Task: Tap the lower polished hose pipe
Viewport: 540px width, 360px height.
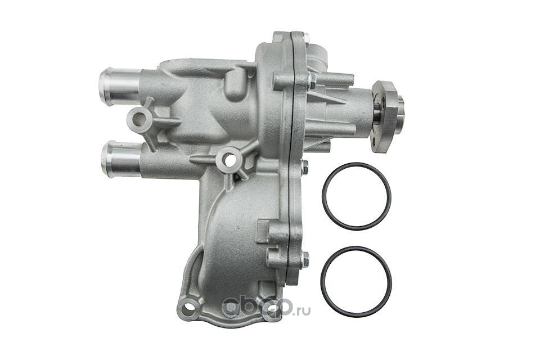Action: (121, 159)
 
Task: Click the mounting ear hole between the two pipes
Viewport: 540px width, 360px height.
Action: (138, 119)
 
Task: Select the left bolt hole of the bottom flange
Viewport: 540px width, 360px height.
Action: (188, 307)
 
